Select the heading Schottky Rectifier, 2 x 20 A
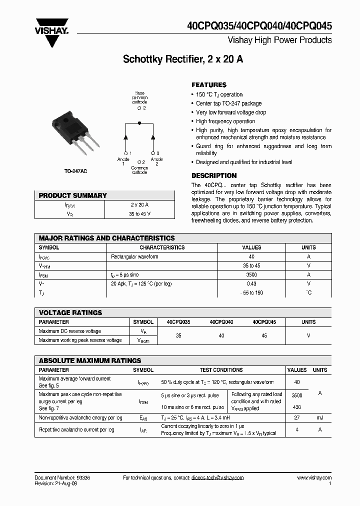click(183, 59)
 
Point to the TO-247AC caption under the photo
click(75, 171)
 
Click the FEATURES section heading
click(209, 85)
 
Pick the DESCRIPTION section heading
click(214, 175)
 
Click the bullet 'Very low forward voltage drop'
click(231, 112)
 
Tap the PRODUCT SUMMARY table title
click(73, 195)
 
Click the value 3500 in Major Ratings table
click(251, 274)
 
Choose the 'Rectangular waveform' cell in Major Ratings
click(134, 256)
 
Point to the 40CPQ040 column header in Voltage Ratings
click(221, 322)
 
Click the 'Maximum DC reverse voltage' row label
click(69, 331)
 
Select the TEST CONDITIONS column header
click(221, 370)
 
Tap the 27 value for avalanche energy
click(297, 417)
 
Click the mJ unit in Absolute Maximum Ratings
click(320, 417)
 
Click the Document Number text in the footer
click(62, 477)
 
